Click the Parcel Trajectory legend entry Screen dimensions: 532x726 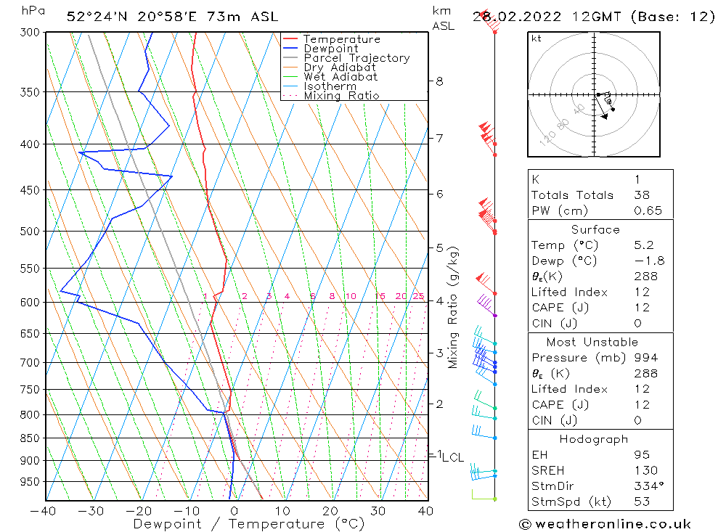(x=356, y=58)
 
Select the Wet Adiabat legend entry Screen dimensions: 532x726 (x=340, y=77)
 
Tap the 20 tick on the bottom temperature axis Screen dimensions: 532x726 (x=330, y=511)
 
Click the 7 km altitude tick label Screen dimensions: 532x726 (x=439, y=138)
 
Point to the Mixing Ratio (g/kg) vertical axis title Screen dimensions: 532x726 (x=454, y=308)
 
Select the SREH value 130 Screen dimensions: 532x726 (x=644, y=471)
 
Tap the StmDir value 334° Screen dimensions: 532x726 (x=645, y=486)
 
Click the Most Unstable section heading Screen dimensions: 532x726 (x=593, y=342)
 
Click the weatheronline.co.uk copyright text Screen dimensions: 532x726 (x=605, y=524)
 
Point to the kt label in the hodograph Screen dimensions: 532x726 (x=537, y=38)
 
